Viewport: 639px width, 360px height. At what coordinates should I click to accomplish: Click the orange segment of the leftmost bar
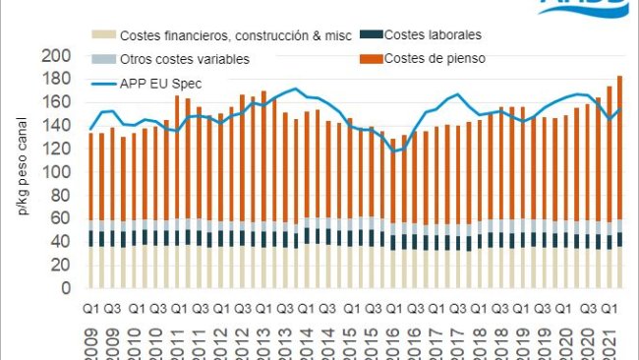tap(91, 175)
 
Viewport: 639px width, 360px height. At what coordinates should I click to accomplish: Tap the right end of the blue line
tap(620, 108)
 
